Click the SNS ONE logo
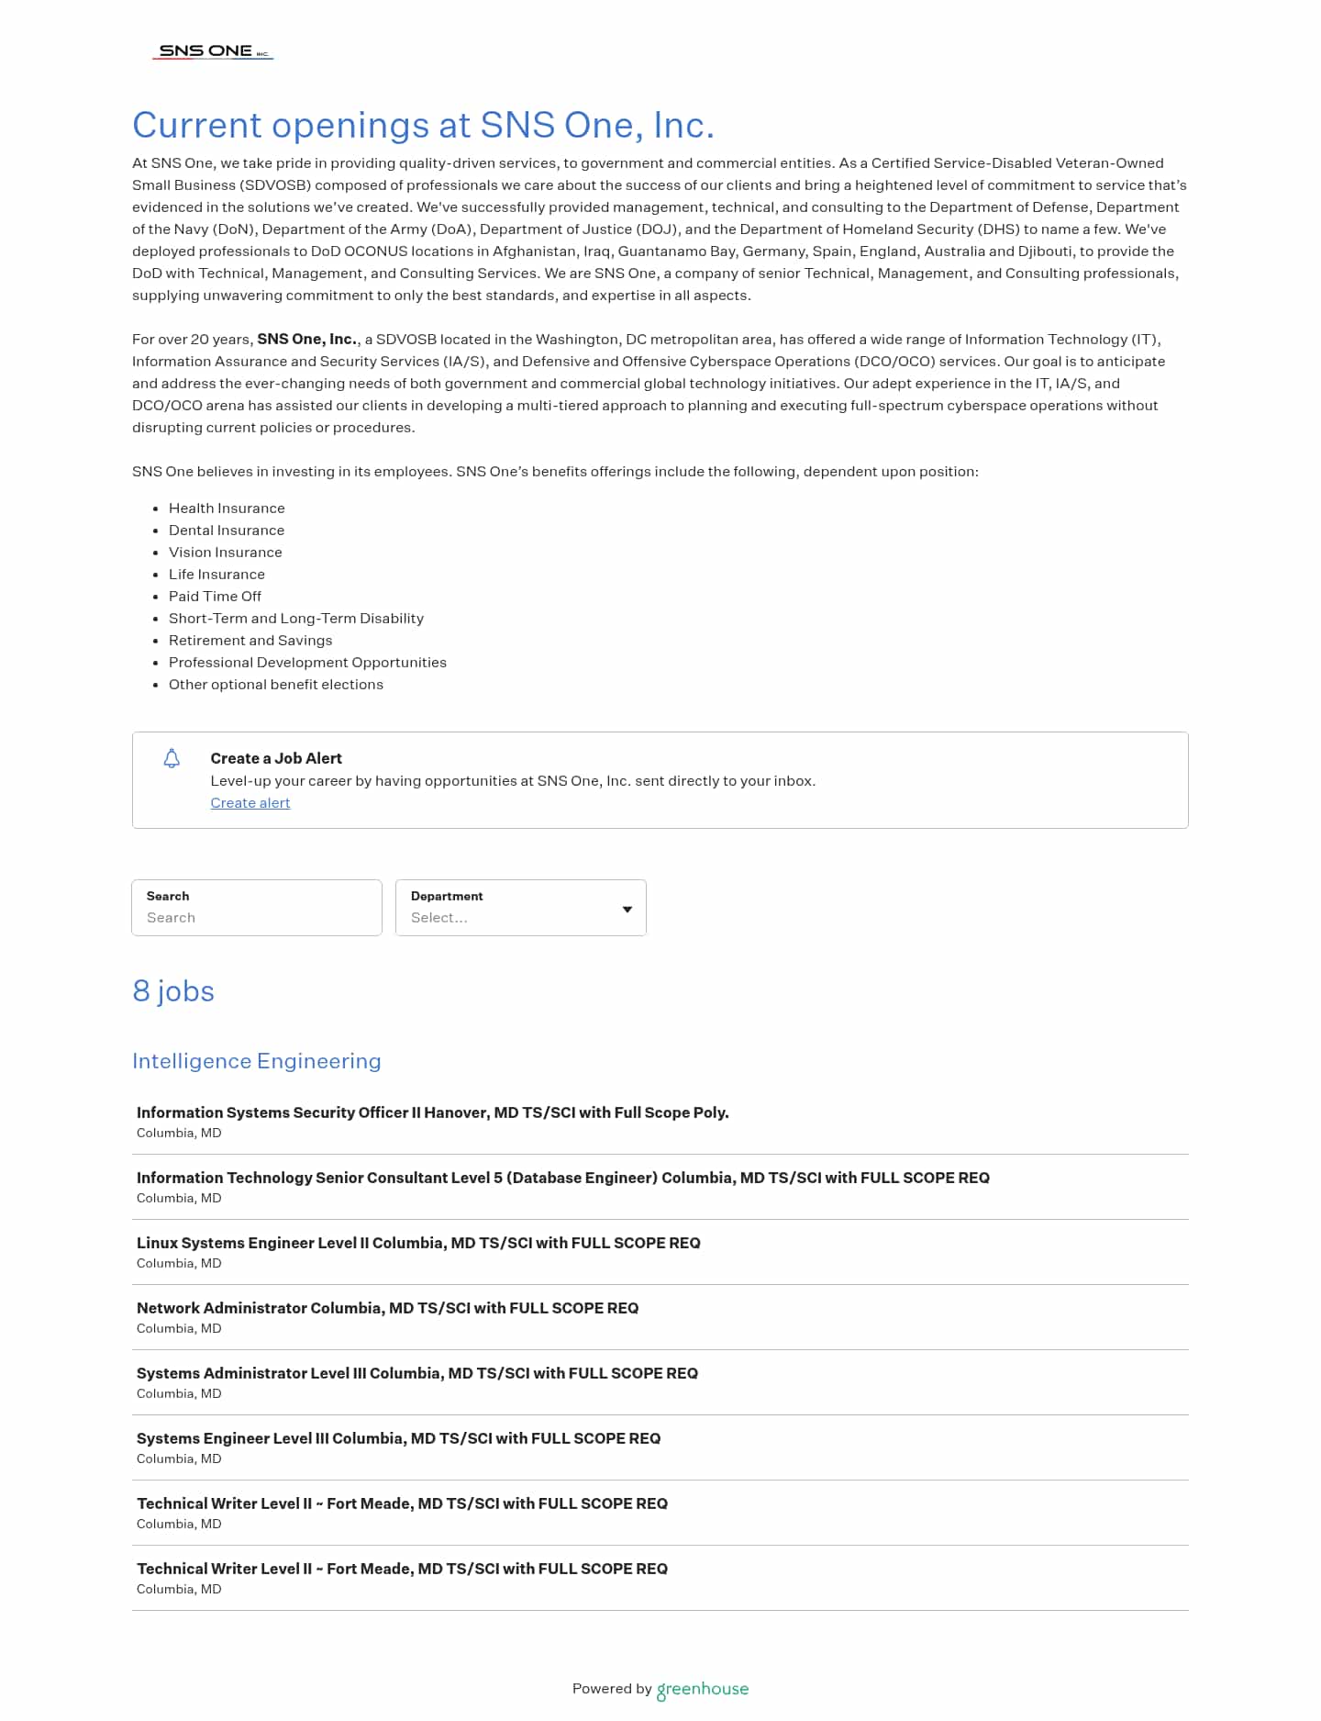pyautogui.click(x=213, y=51)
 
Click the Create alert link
pyautogui.click(x=250, y=803)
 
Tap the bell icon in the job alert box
pyautogui.click(x=172, y=759)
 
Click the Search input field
pyautogui.click(x=257, y=917)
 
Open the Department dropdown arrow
pyautogui.click(x=627, y=910)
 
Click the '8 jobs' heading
pyautogui.click(x=173, y=991)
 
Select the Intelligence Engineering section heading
pyautogui.click(x=256, y=1061)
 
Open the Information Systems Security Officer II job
pyautogui.click(x=432, y=1112)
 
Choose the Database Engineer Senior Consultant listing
pyautogui.click(x=562, y=1178)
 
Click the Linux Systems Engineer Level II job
pyautogui.click(x=418, y=1243)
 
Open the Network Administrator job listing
pyautogui.click(x=387, y=1308)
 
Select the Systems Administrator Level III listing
pyautogui.click(x=416, y=1373)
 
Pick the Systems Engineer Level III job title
pyautogui.click(x=398, y=1438)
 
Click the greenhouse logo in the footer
pyautogui.click(x=702, y=1689)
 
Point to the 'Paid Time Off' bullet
pyautogui.click(x=215, y=597)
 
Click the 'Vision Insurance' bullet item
pyautogui.click(x=225, y=553)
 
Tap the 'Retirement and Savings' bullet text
pyautogui.click(x=250, y=641)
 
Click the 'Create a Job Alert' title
pyautogui.click(x=276, y=758)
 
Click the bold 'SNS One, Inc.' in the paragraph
pyautogui.click(x=306, y=340)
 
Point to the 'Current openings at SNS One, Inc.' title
pyautogui.click(x=423, y=125)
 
